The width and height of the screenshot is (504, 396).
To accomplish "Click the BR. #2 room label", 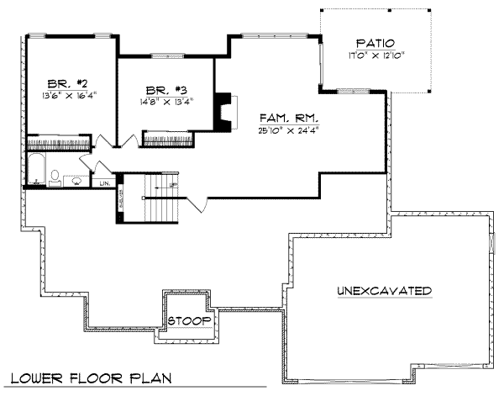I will click(x=63, y=84).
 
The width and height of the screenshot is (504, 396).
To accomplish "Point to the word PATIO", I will click(x=375, y=43).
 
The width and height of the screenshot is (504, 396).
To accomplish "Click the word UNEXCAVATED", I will click(x=385, y=291).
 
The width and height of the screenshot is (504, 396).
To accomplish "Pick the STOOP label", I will click(x=186, y=321).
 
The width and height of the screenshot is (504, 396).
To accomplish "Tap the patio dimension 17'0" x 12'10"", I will click(x=375, y=55).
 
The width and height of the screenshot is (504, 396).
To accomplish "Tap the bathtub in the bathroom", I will click(x=35, y=169).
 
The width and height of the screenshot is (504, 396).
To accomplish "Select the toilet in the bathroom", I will click(x=55, y=177).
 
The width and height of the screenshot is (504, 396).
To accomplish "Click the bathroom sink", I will click(x=77, y=179).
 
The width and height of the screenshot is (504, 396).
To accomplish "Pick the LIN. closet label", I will click(x=105, y=182).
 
